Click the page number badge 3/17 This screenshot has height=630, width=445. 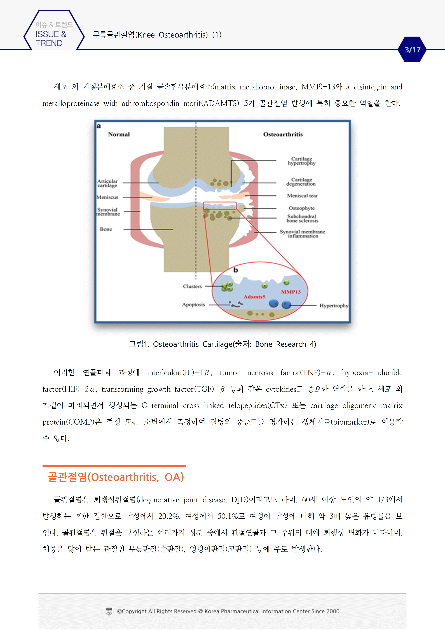(x=412, y=50)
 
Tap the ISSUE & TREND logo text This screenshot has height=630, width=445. (x=51, y=38)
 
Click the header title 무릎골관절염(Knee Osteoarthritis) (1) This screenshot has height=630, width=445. (x=157, y=35)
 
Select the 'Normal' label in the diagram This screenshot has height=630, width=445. (x=119, y=134)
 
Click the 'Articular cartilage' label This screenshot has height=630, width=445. (x=107, y=183)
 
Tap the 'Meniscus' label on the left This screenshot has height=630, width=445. (x=107, y=197)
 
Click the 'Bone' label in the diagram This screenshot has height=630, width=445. (x=106, y=229)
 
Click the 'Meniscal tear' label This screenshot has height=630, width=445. (x=302, y=196)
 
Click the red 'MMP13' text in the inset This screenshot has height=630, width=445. (x=291, y=292)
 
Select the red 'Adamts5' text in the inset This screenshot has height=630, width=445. (x=254, y=297)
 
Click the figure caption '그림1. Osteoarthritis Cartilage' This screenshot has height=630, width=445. (x=222, y=344)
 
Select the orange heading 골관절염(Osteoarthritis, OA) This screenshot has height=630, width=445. (x=116, y=477)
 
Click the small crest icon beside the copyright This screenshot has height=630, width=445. (x=109, y=611)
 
